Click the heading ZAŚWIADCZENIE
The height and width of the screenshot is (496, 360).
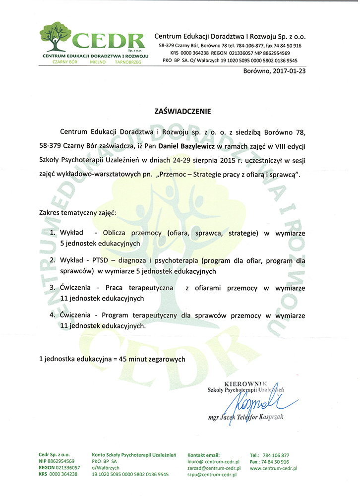180,111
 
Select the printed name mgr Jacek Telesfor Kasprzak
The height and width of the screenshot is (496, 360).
246,418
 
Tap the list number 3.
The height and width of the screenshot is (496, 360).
52,288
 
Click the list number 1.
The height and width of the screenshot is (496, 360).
52,233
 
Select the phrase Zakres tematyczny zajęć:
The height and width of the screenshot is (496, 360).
78,212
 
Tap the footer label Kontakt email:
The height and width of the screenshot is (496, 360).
203,454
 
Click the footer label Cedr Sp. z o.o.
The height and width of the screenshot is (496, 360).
55,454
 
